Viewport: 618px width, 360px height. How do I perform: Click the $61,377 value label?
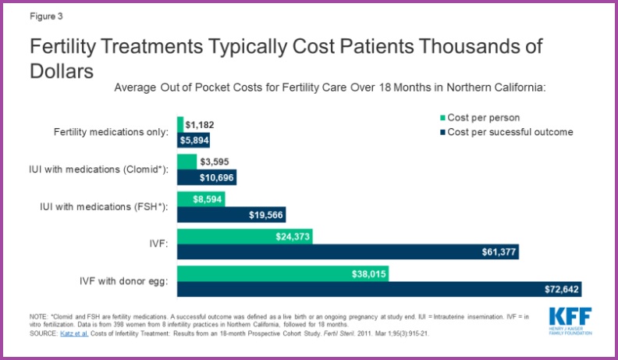pyautogui.click(x=496, y=251)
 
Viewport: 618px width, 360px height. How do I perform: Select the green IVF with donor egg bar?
pyautogui.click(x=282, y=274)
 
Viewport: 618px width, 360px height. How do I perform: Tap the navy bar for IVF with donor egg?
pyautogui.click(x=379, y=289)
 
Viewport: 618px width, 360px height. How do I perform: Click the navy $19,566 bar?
pyautogui.click(x=231, y=214)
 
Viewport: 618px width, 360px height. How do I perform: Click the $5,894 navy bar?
pyautogui.click(x=194, y=139)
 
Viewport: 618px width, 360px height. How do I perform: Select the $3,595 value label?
pyautogui.click(x=215, y=162)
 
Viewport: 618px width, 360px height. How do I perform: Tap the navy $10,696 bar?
pyautogui.click(x=207, y=176)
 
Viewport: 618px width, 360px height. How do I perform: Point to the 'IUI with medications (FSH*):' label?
pyautogui.click(x=104, y=206)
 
